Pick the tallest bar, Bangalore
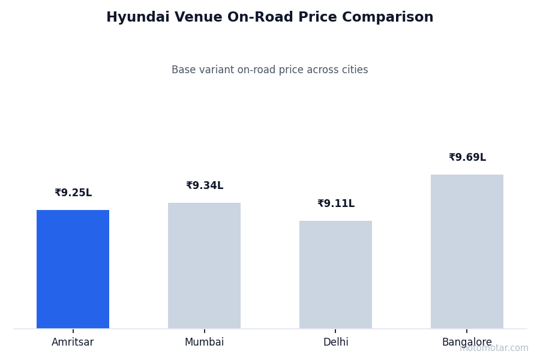coord(467,251)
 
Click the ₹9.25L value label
coord(73,193)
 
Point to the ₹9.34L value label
coord(205,186)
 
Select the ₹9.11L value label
coord(336,204)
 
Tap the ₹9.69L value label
coord(467,158)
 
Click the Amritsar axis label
coord(73,343)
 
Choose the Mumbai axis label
coord(204,343)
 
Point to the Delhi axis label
coord(335,343)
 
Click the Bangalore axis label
coord(467,343)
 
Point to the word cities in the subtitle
coord(354,70)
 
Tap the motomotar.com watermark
coord(494,348)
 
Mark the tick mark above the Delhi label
coord(335,331)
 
